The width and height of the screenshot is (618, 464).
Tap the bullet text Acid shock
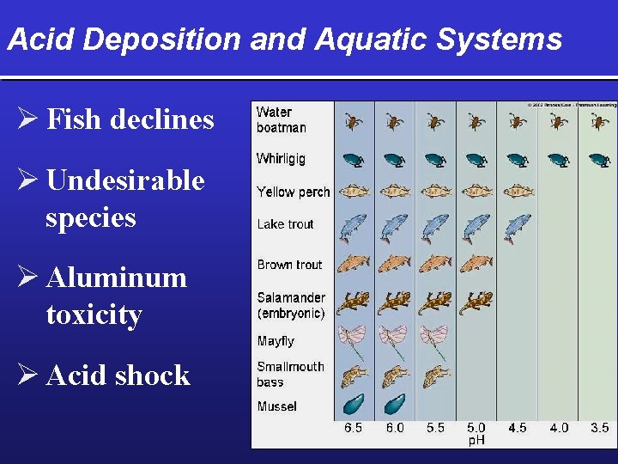118,375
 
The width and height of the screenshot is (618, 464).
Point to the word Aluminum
117,278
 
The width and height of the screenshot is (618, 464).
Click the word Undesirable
125,180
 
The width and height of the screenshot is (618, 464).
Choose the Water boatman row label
281,120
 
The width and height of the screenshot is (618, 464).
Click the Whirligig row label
281,159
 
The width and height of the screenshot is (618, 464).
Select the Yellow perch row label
293,192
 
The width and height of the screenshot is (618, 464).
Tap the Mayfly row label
276,341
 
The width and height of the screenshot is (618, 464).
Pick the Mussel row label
276,406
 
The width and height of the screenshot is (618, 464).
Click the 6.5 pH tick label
353,428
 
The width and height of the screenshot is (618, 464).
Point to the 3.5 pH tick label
599,428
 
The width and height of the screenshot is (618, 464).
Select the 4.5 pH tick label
517,428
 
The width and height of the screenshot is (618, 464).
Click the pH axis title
476,439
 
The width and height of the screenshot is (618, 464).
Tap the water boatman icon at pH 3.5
599,122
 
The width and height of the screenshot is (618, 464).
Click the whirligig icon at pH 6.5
353,159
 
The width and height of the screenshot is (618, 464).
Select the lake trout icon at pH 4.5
517,229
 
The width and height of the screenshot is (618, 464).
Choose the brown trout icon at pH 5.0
476,263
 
